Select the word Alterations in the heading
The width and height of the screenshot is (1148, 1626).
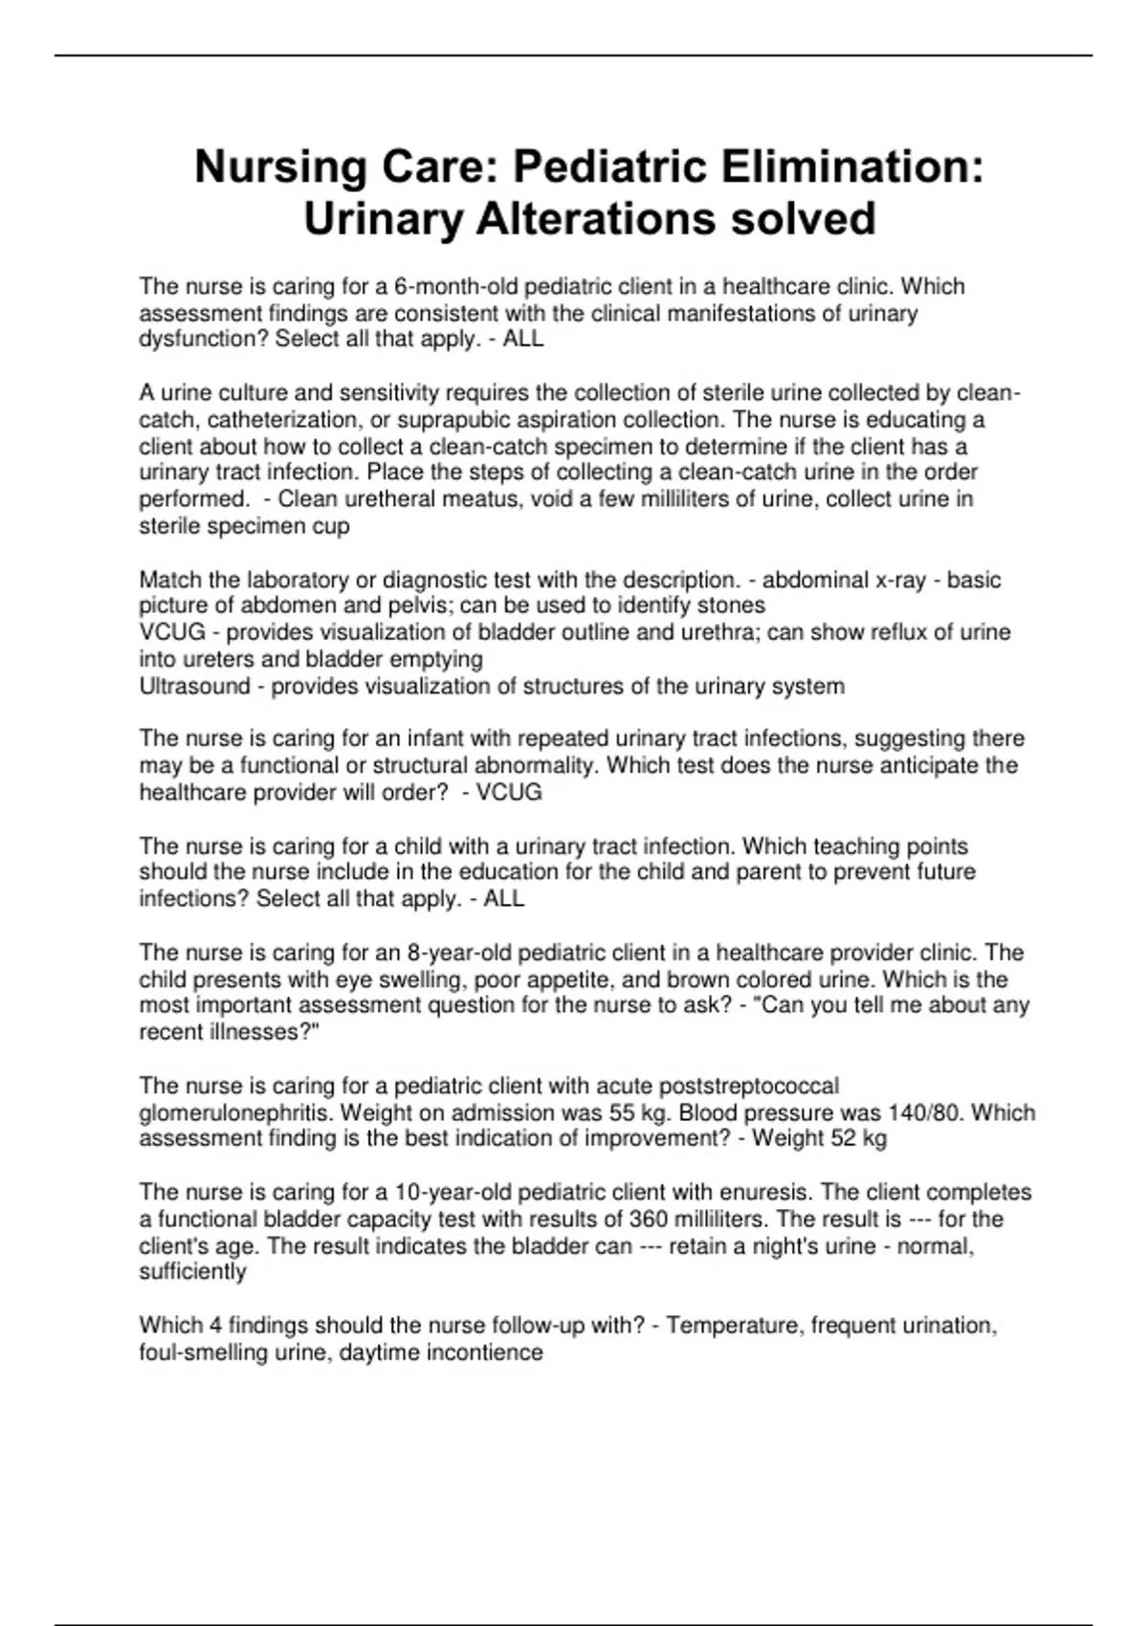coord(596,219)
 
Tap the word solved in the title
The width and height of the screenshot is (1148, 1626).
coord(804,219)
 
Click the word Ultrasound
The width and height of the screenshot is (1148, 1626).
coord(194,687)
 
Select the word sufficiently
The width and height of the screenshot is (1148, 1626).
coord(192,1272)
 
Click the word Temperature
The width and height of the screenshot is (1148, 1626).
coord(736,1326)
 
